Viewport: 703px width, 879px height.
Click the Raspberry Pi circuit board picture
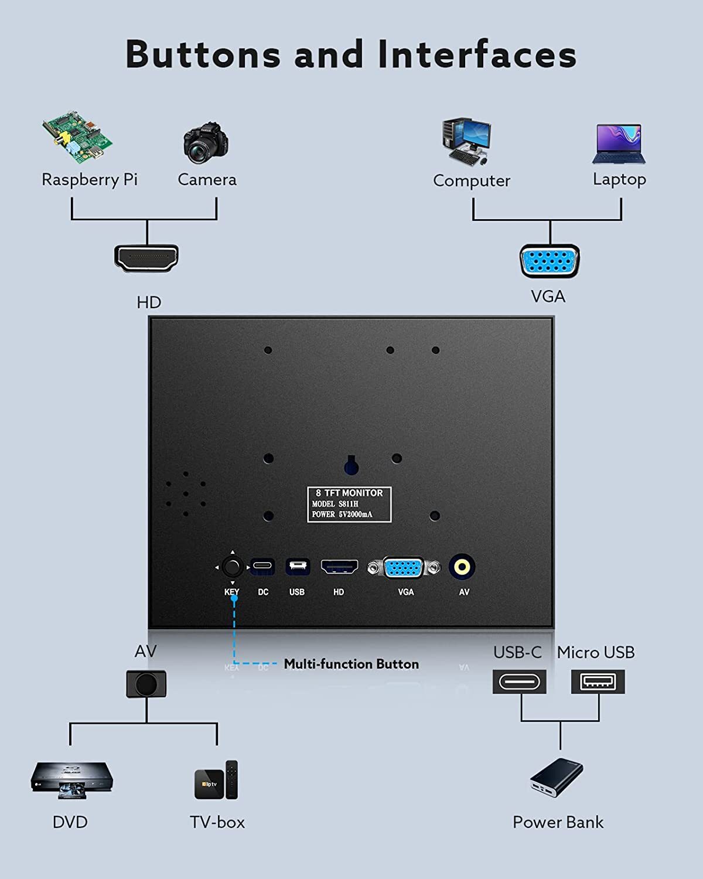[77, 136]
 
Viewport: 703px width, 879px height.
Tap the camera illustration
[206, 143]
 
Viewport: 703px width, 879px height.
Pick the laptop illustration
[619, 144]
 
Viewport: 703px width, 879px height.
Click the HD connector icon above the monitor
[146, 258]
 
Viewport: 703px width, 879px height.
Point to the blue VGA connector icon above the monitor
[550, 261]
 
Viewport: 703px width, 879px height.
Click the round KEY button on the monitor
[233, 567]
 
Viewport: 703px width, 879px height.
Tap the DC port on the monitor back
[263, 567]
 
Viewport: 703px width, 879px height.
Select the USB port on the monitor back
[298, 567]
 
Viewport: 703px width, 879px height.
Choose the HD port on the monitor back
[339, 567]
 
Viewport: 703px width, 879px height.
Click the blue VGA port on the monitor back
[404, 568]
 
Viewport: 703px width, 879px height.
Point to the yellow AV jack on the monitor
[462, 567]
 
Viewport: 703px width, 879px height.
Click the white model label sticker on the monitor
[349, 504]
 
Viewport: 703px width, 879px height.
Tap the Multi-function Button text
[351, 664]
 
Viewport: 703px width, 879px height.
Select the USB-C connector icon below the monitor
[520, 682]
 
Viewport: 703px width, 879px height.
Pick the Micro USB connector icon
[598, 682]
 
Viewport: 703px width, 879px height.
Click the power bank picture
[557, 778]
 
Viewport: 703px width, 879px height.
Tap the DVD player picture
[71, 779]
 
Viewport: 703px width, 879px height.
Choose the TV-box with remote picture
[217, 780]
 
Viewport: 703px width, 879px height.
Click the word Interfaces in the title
[477, 54]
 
